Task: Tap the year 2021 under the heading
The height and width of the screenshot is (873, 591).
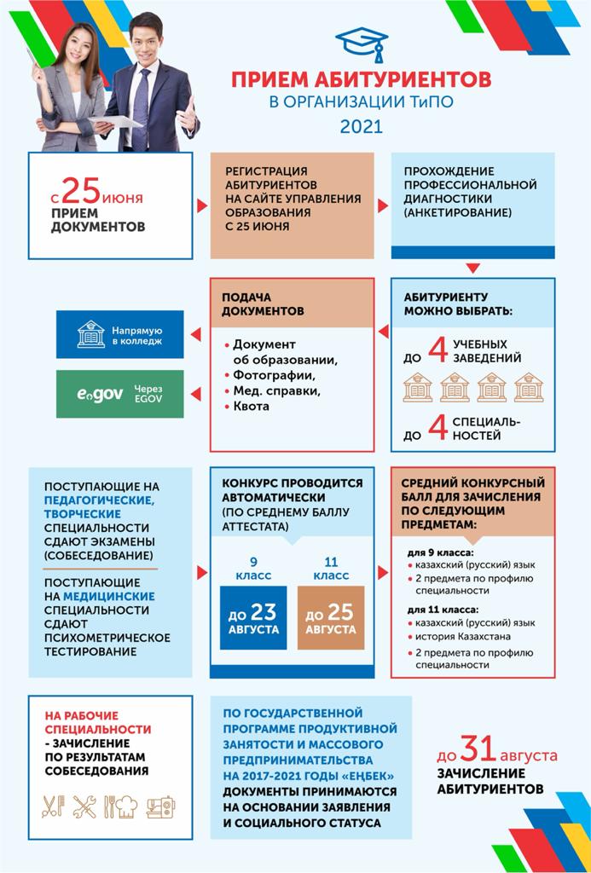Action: click(x=362, y=127)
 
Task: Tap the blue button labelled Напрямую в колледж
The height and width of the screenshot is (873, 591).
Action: click(x=120, y=334)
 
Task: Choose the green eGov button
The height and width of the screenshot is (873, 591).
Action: click(x=120, y=394)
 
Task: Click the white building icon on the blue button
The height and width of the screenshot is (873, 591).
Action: click(x=90, y=334)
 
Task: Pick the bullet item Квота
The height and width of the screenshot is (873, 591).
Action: click(x=251, y=407)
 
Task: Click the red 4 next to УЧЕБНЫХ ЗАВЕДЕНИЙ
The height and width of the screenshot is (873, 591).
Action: click(x=438, y=352)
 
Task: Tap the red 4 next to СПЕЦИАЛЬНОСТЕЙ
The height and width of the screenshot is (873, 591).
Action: click(x=438, y=428)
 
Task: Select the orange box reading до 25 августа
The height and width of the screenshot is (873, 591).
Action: click(x=330, y=618)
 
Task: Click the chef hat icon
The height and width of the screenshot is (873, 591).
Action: click(x=125, y=806)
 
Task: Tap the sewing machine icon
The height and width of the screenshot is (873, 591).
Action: click(x=159, y=806)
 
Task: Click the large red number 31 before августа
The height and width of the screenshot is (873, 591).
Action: click(x=480, y=750)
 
